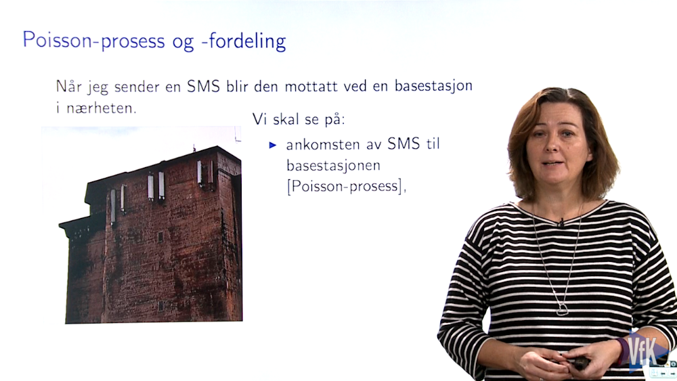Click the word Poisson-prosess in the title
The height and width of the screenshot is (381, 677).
click(93, 41)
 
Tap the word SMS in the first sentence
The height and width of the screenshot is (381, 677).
click(203, 86)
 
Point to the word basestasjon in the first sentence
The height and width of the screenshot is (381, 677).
click(433, 86)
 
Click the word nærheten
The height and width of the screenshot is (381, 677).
click(101, 108)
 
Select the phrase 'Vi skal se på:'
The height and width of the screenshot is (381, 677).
click(299, 120)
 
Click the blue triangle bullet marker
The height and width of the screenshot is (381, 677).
click(272, 145)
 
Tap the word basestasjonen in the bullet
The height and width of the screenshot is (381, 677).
click(333, 165)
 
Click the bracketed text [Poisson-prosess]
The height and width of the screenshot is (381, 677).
click(345, 186)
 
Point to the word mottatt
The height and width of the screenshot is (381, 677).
click(311, 87)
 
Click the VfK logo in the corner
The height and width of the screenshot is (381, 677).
click(643, 351)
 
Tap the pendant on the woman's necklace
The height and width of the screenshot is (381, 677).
click(562, 309)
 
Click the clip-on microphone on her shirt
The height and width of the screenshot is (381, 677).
click(561, 223)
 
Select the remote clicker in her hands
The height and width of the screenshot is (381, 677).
click(580, 363)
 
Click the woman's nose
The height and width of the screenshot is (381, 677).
click(551, 145)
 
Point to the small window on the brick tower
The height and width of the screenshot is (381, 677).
click(160, 236)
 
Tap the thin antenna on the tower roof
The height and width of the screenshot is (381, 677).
click(194, 148)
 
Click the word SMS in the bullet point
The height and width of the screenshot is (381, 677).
click(403, 144)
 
